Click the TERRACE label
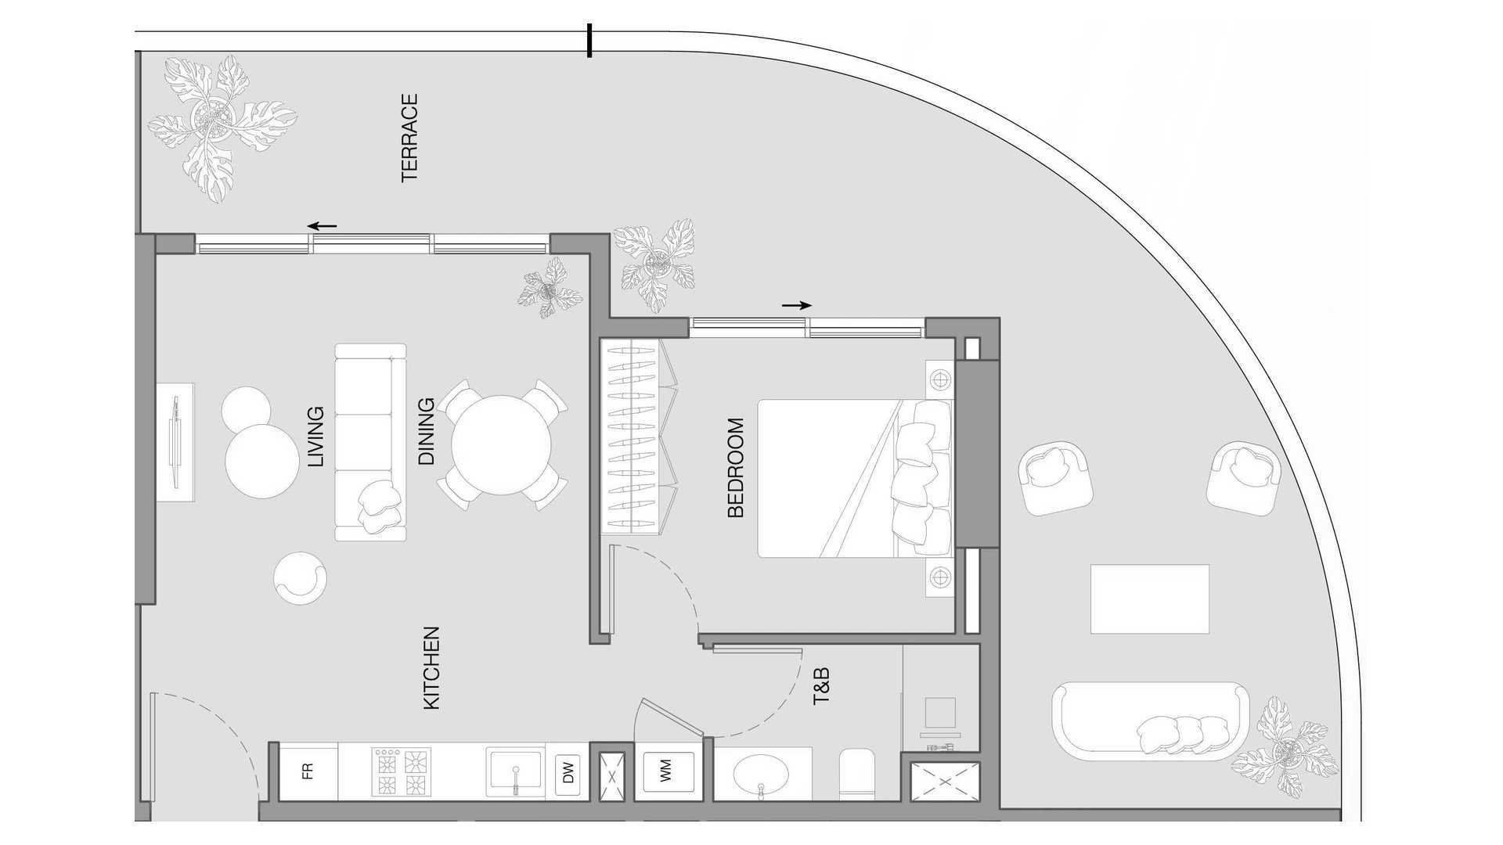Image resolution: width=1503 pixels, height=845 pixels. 409,138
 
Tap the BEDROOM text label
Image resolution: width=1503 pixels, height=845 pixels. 736,468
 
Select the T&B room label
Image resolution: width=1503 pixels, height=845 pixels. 821,686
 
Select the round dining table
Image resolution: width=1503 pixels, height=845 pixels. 501,444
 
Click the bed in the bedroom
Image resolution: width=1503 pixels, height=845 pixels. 845,479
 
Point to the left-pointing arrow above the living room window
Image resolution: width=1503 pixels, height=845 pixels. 322,226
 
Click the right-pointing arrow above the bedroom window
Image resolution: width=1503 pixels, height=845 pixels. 797,305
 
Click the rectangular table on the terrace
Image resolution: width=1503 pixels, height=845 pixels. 1149,599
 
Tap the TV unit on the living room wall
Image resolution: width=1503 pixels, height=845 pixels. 175,442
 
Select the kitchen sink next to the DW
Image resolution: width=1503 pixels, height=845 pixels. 514,771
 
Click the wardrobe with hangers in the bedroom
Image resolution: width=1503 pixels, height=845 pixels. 638,437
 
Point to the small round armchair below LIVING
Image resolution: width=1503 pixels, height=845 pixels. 300,578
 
